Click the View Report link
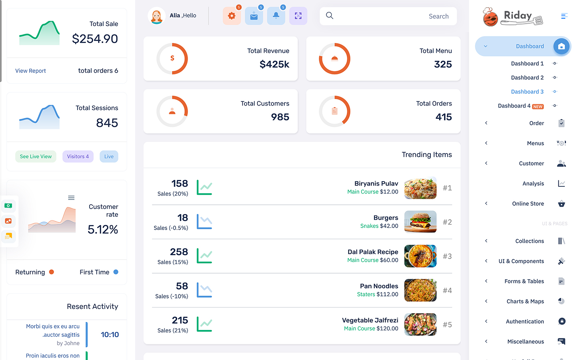pos(30,71)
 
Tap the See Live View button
pos(36,156)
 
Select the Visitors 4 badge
pos(78,156)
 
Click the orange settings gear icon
pos(232,16)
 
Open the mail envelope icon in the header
pos(254,16)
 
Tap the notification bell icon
pos(276,16)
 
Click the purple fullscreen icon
pos(298,16)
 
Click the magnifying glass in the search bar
pos(330,16)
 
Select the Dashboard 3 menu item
pos(527,92)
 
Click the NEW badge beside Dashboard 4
pos(538,106)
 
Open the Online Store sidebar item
pos(528,204)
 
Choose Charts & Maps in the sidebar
pos(525,301)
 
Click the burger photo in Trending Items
pos(420,222)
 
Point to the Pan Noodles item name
pos(379,286)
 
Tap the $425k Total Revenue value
pos(274,64)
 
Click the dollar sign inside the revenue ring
pos(172,58)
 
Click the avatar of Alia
pos(156,16)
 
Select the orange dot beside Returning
pos(52,272)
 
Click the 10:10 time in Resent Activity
pos(110,334)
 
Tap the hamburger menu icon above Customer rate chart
pos(71,198)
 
